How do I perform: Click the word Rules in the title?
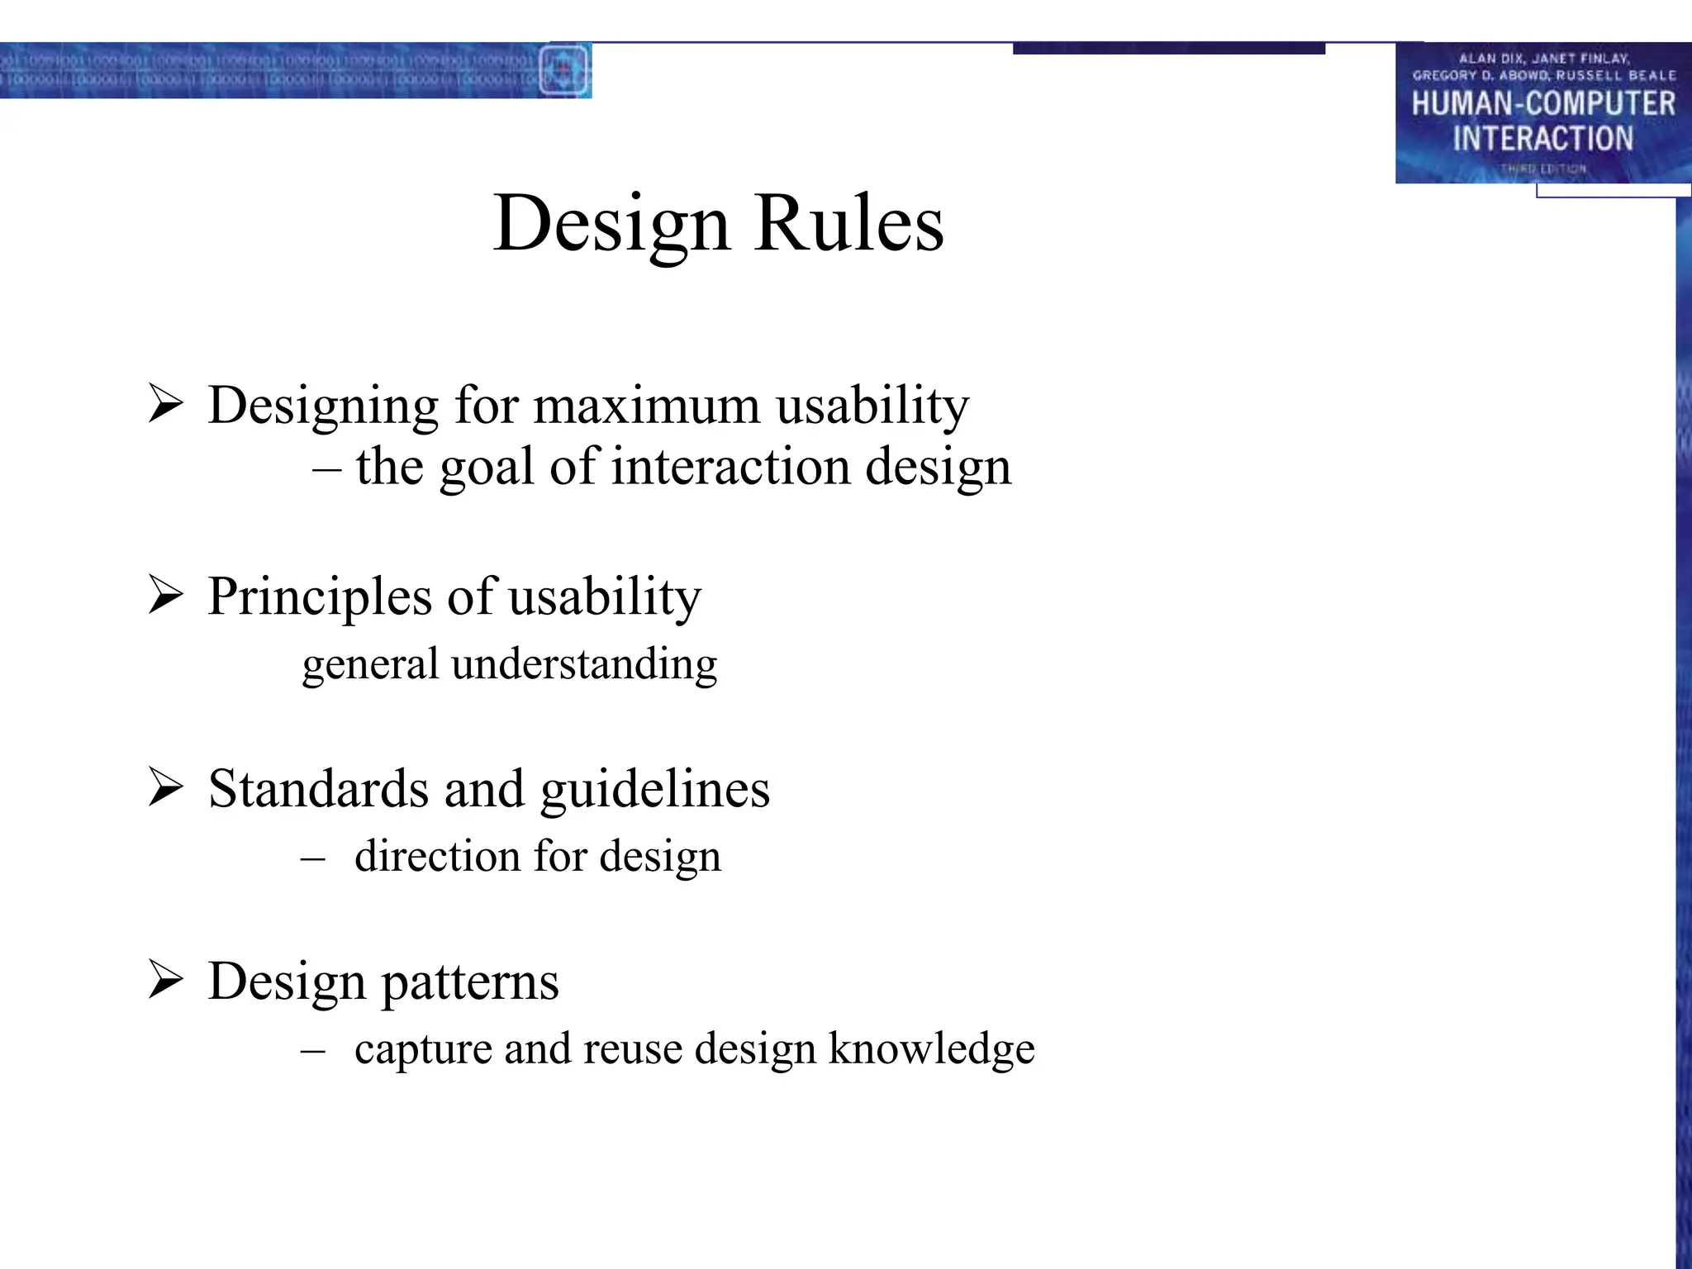coord(848,223)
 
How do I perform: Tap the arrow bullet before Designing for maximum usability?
coord(165,405)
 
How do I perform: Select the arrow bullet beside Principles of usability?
coord(165,596)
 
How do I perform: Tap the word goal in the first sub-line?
coord(487,468)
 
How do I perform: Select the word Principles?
coord(320,596)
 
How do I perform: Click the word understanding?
coord(584,664)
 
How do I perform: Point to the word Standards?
coord(318,788)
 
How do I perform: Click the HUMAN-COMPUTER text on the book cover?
coord(1542,104)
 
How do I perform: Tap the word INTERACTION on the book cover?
coord(1542,138)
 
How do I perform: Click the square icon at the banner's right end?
coord(563,70)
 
